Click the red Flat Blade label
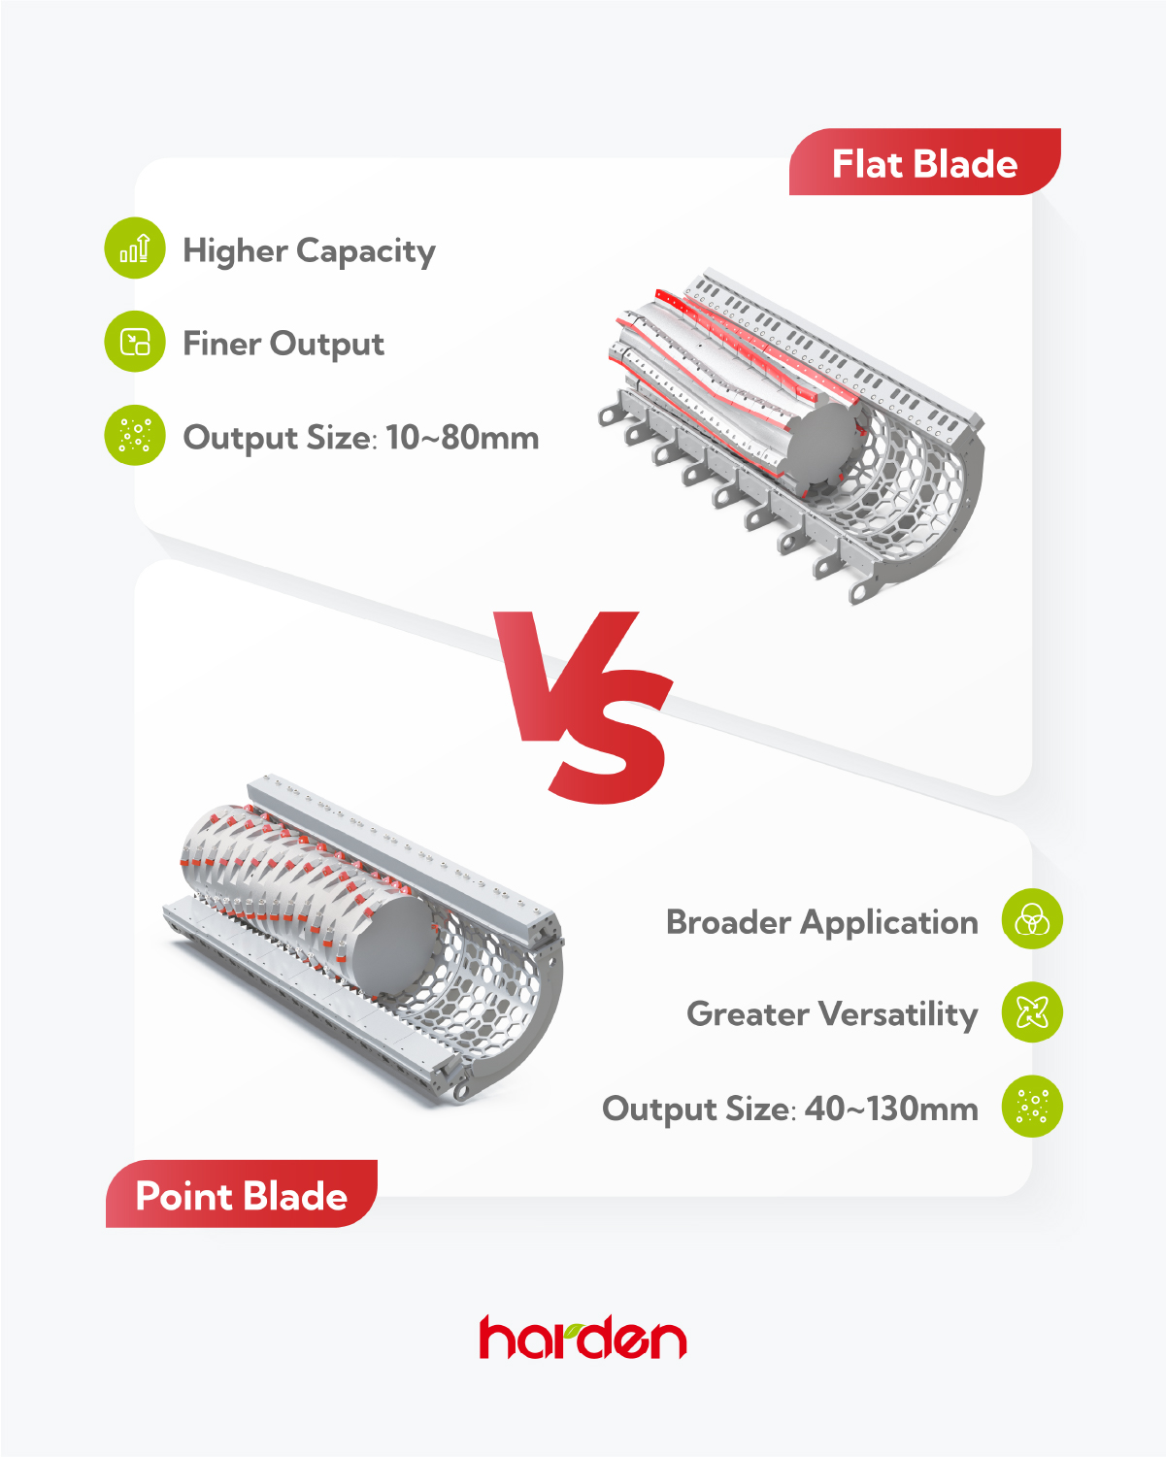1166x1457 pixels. (x=924, y=162)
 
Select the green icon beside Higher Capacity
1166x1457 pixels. (x=135, y=248)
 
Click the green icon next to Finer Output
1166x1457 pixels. (x=135, y=342)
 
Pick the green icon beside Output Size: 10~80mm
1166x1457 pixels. (x=135, y=435)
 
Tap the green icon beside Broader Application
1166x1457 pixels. (x=1032, y=918)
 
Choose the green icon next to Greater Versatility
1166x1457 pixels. (x=1032, y=1012)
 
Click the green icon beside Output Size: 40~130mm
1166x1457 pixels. (x=1032, y=1107)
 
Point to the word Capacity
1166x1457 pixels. (x=366, y=251)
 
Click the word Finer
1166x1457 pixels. (x=222, y=343)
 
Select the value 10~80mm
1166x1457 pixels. (x=462, y=438)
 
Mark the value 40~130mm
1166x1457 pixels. (x=891, y=1109)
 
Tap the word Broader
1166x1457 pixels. (x=729, y=922)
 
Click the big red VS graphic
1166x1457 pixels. (x=583, y=707)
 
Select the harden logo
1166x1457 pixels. (x=583, y=1337)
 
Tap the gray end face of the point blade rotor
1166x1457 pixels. (x=395, y=945)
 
